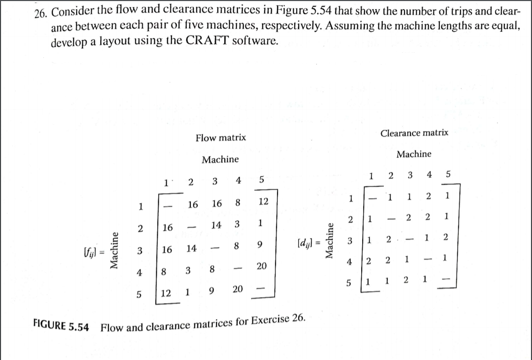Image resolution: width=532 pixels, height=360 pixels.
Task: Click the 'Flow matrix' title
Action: point(221,137)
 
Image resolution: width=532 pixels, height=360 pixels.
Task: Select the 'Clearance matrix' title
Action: point(414,133)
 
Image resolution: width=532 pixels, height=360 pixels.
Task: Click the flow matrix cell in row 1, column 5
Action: point(262,202)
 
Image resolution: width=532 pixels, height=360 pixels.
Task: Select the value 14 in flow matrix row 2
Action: point(216,225)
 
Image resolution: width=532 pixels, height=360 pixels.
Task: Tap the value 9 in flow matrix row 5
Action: point(212,290)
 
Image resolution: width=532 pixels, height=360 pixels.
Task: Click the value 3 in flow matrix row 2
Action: point(236,224)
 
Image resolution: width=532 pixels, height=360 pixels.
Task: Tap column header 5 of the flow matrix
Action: point(261,179)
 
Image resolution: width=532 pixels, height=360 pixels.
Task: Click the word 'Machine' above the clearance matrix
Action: point(414,154)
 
